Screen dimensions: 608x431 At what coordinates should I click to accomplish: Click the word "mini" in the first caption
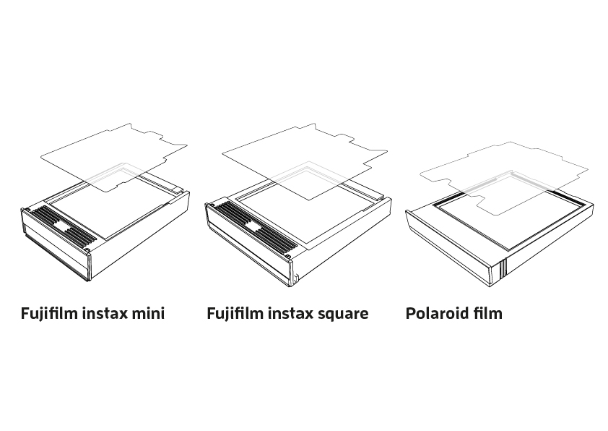[149, 313]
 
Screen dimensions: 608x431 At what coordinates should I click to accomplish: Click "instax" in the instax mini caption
[105, 313]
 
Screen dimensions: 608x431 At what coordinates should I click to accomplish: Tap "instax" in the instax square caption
[291, 313]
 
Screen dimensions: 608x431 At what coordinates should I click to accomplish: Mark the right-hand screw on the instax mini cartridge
[87, 249]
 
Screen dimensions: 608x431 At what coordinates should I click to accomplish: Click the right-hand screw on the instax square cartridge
[287, 256]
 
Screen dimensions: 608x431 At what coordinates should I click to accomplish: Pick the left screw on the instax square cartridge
[212, 205]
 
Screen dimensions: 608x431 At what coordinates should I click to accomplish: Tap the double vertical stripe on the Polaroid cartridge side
[503, 268]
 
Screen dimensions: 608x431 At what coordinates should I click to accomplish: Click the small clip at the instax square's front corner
[296, 279]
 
